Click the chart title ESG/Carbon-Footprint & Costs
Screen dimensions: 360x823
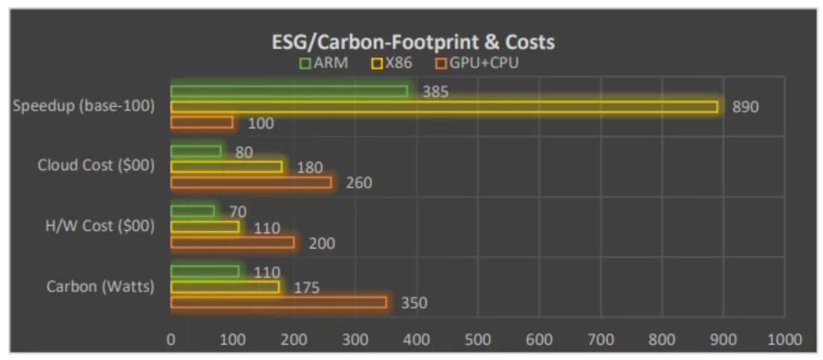click(412, 41)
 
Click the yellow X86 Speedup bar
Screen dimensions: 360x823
click(444, 107)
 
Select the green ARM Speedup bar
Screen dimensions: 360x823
click(289, 91)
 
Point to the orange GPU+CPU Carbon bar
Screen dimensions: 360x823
click(278, 302)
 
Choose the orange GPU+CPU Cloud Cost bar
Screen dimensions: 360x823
click(251, 182)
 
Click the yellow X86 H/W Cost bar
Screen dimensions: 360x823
click(205, 227)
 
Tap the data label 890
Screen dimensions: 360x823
click(745, 107)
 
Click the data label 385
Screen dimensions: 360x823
click(435, 91)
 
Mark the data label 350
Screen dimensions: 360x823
click(413, 303)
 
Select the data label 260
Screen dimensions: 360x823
click(358, 183)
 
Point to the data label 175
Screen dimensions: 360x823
click(306, 287)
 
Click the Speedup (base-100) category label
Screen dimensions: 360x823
click(83, 107)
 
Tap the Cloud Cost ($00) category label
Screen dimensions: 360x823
click(96, 166)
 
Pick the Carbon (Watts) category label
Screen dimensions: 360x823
click(100, 287)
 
